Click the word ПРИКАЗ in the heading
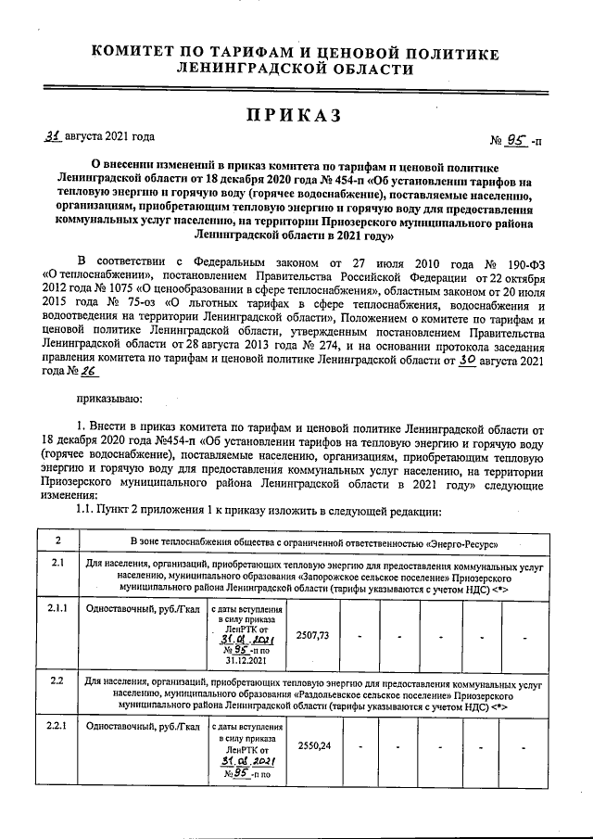coord(294,115)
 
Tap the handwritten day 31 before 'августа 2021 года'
coord(54,135)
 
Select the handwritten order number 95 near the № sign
coord(515,140)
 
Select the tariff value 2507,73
coord(311,634)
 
